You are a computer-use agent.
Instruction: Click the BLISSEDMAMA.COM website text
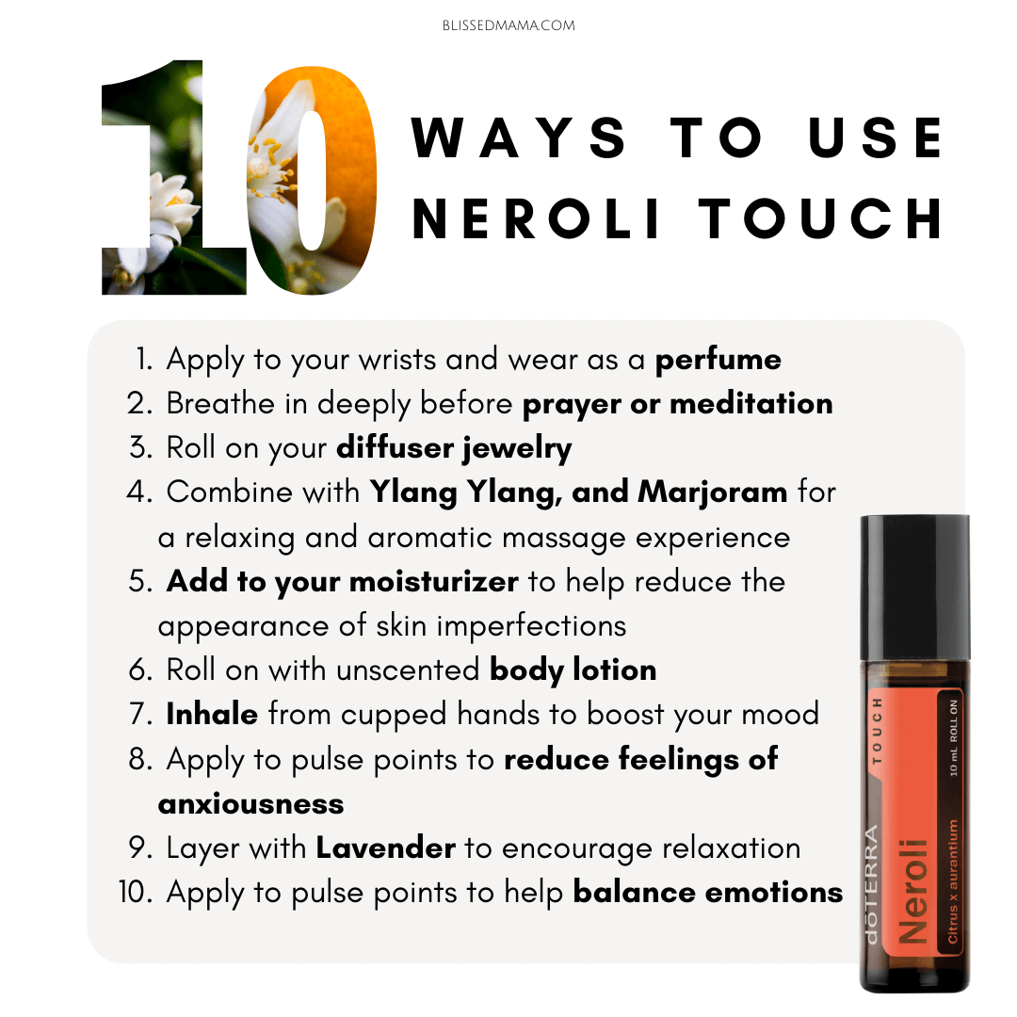(x=508, y=25)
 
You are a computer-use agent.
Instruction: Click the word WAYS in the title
(x=519, y=137)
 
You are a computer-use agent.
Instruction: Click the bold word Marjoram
(x=713, y=492)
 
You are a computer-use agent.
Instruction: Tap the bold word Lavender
(x=385, y=847)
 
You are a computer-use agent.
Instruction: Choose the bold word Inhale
(x=212, y=714)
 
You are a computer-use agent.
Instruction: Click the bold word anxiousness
(x=251, y=804)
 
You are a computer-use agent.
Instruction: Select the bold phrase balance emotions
(x=707, y=893)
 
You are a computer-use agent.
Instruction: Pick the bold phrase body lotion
(x=573, y=670)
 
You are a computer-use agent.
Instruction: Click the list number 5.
(x=139, y=581)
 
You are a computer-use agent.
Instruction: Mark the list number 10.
(x=136, y=893)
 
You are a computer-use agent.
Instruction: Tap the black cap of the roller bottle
(x=914, y=588)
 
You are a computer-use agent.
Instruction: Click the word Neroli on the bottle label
(x=913, y=892)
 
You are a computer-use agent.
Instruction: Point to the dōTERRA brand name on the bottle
(x=871, y=883)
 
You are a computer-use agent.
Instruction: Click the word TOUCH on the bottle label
(x=877, y=731)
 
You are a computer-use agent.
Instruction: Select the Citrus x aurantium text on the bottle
(x=952, y=881)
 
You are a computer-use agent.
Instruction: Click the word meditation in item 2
(x=751, y=404)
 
